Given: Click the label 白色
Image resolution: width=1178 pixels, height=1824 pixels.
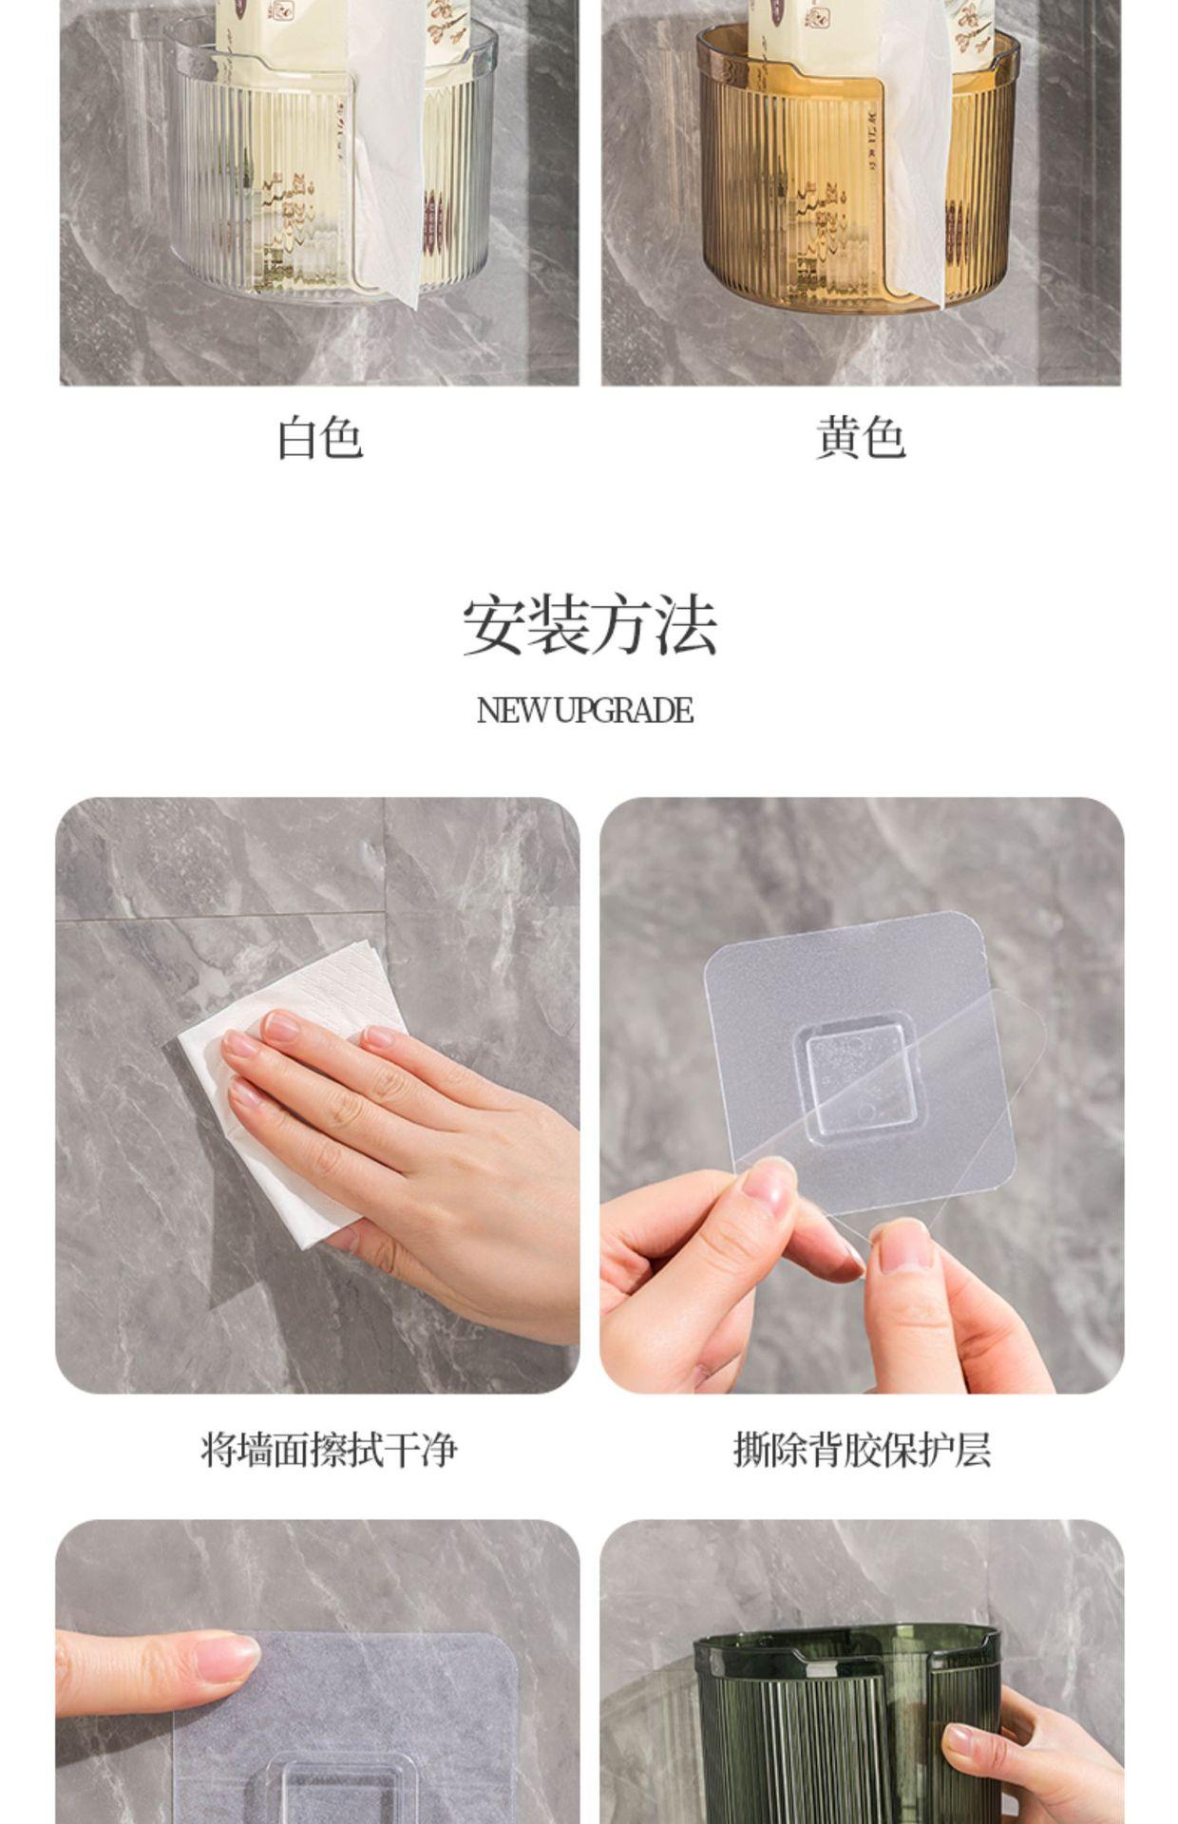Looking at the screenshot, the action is [320, 438].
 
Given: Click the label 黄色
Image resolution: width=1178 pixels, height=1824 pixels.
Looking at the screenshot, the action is [861, 438].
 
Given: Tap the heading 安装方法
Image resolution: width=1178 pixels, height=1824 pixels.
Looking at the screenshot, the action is [589, 625].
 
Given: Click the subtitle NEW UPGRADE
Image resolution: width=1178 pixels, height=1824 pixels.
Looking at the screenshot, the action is [585, 711].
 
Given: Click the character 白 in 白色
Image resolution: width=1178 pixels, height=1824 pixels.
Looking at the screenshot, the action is [297, 438].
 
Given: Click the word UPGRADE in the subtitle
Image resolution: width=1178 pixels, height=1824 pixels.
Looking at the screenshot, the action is [623, 711].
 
